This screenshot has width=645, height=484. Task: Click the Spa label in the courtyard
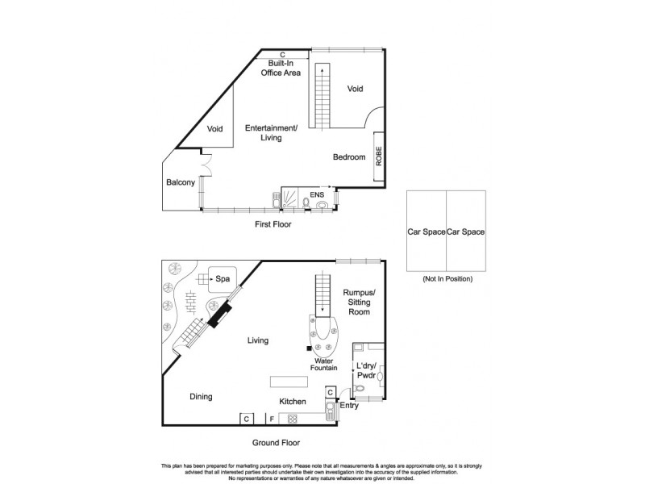[221, 279]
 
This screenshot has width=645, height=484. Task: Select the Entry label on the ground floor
[348, 406]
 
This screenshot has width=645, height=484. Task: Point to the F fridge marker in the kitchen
[272, 419]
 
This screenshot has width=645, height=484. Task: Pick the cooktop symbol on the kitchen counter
[292, 419]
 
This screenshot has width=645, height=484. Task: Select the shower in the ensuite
[289, 196]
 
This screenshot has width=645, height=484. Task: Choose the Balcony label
[181, 183]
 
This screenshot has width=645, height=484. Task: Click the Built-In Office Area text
[280, 68]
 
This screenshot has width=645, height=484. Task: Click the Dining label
[201, 397]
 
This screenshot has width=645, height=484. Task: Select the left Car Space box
[426, 232]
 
